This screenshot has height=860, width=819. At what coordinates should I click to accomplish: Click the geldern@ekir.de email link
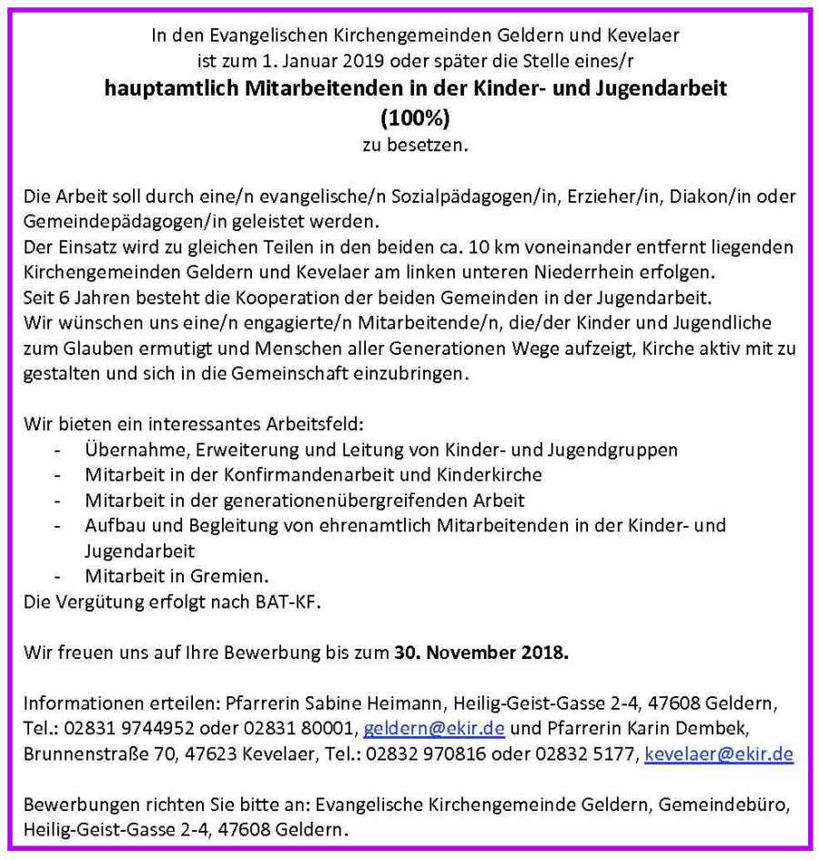click(x=434, y=730)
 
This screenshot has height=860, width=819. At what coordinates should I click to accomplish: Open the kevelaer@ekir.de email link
click(x=718, y=754)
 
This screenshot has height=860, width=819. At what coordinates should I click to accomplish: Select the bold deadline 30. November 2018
click(x=481, y=652)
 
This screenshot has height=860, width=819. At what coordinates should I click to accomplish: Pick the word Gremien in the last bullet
click(x=239, y=576)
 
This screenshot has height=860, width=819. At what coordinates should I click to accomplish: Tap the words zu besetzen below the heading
click(x=414, y=144)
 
